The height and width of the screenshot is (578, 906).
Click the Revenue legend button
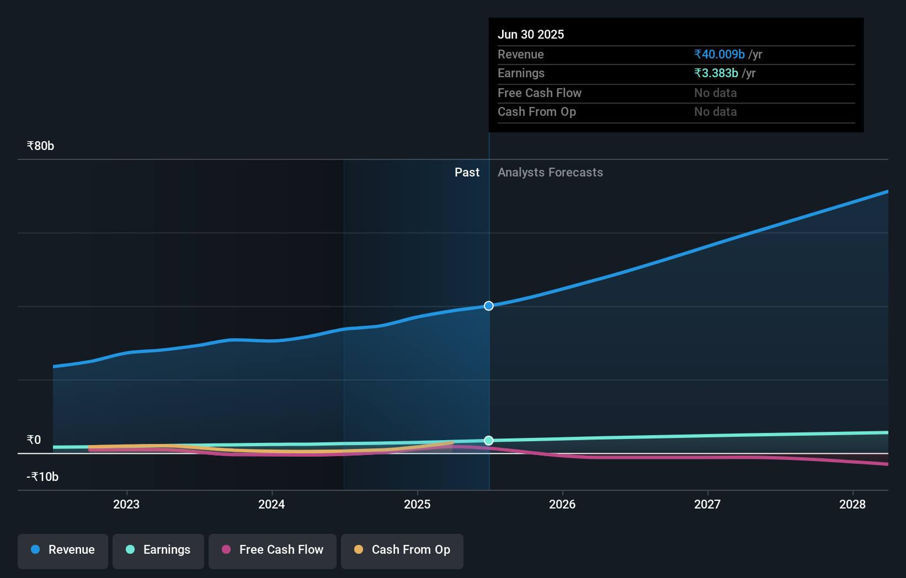click(63, 550)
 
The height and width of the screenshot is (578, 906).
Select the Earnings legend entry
click(158, 550)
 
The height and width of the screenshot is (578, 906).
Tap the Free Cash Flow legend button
click(273, 550)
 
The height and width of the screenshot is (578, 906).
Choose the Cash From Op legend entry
click(402, 550)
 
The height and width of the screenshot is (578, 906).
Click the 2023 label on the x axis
click(126, 504)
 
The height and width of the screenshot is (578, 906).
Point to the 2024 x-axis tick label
click(271, 504)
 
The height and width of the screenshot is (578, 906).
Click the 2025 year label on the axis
click(417, 504)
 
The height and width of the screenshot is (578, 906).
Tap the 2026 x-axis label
click(562, 504)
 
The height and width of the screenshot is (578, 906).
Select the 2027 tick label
click(707, 504)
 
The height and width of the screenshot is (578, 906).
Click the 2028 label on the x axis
click(852, 504)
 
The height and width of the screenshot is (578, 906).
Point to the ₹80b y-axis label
click(41, 146)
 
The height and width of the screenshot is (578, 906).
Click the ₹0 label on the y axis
click(34, 440)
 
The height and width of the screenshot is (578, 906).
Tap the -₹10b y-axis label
click(43, 477)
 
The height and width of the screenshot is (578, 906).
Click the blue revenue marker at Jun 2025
click(489, 306)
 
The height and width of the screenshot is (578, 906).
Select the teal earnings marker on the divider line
click(489, 440)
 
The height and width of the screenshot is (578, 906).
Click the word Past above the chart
click(467, 173)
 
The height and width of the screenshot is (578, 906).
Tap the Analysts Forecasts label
click(550, 173)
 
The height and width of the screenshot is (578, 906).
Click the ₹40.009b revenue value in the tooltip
click(720, 55)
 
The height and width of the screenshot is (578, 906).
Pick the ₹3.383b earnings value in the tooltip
click(716, 73)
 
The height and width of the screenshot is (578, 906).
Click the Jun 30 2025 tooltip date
click(531, 35)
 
